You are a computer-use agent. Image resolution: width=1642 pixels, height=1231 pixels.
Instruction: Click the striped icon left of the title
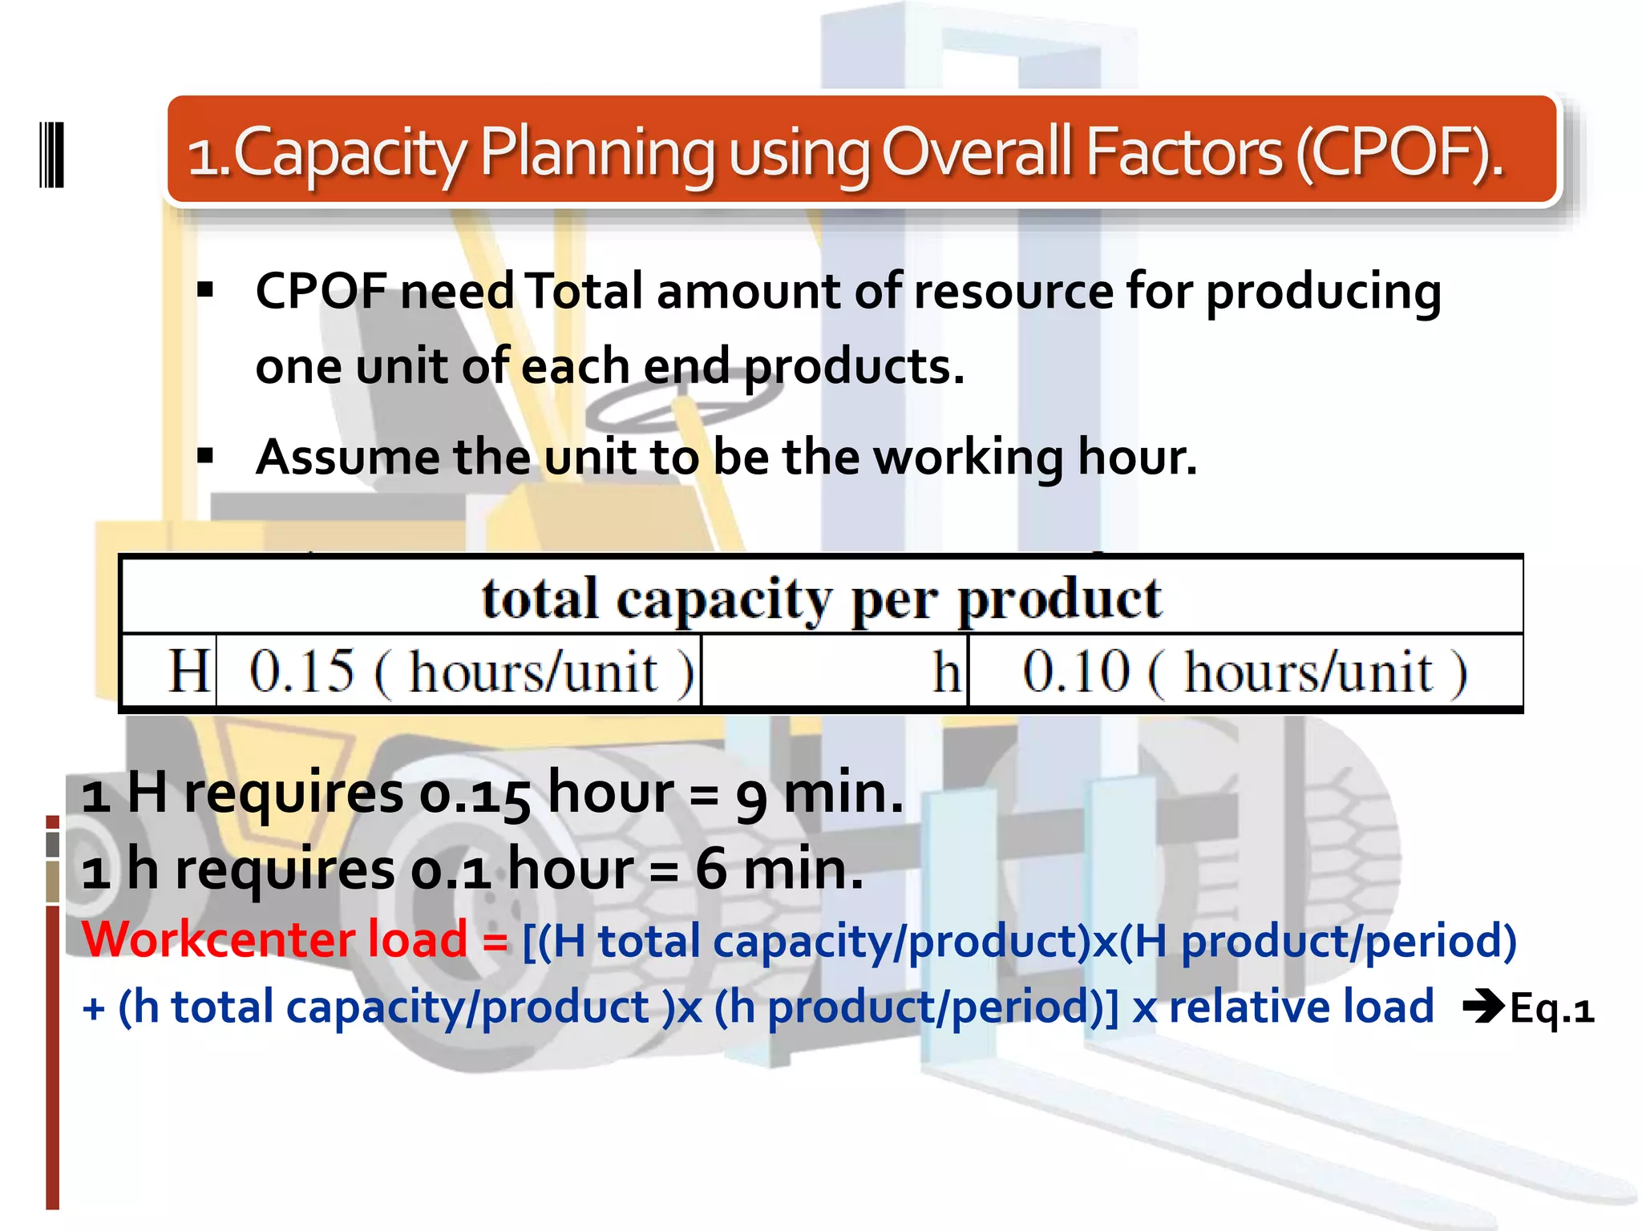click(x=51, y=155)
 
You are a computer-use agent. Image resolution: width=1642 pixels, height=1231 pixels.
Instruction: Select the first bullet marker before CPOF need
click(x=206, y=289)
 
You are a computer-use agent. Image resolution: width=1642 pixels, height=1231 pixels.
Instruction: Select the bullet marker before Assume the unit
click(x=206, y=457)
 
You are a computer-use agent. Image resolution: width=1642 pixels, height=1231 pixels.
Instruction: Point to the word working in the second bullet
click(x=968, y=458)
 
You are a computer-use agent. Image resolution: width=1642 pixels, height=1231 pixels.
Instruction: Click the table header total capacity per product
click(x=821, y=599)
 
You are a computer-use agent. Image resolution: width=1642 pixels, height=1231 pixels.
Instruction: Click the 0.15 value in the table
click(x=302, y=671)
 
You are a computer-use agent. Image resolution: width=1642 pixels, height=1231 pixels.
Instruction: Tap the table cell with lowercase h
click(x=947, y=671)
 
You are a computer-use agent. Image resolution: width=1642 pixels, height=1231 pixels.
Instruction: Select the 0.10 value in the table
click(x=1076, y=671)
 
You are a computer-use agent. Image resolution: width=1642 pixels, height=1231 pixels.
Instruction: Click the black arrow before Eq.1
click(x=1483, y=1007)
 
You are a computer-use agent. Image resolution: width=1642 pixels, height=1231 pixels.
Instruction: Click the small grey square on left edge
click(x=52, y=844)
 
